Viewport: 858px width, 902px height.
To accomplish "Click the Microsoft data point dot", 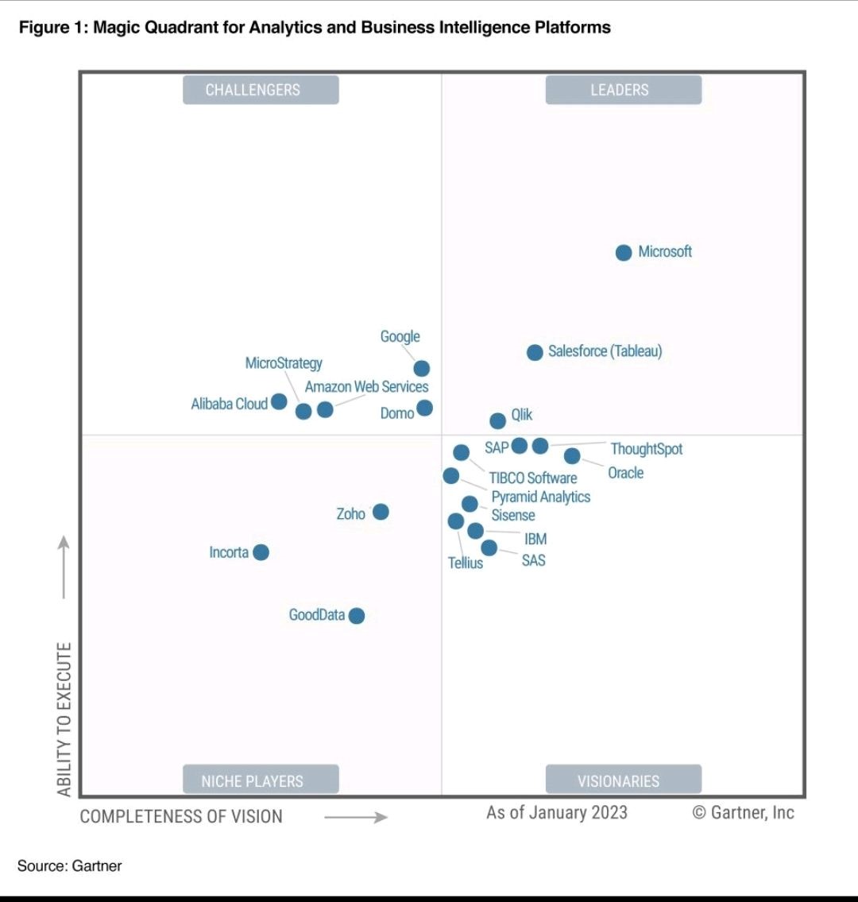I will coord(624,253).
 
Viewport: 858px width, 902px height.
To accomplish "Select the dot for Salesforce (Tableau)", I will coord(535,352).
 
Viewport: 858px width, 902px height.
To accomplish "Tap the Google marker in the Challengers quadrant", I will coord(422,368).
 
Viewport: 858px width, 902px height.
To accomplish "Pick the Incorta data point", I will coord(261,552).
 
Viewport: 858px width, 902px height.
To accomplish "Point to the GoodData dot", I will coord(357,616).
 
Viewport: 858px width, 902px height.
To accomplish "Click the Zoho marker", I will coord(381,512).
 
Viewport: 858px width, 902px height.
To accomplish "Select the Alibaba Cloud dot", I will coord(279,401).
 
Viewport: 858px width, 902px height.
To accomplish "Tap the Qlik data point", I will coord(497,420).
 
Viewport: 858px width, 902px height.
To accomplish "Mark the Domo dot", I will coord(425,408).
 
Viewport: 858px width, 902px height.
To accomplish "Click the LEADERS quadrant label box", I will coord(623,90).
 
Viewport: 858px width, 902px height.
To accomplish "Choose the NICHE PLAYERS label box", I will coord(261,780).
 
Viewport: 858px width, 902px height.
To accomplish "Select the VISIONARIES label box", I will coord(623,780).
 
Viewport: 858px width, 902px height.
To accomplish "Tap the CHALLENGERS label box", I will coord(261,90).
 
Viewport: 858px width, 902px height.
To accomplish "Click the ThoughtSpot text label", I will coord(646,449).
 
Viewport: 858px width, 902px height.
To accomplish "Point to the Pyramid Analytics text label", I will coord(540,497).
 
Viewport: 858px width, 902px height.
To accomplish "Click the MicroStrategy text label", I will coord(284,363).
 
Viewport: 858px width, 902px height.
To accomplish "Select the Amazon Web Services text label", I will coord(366,387).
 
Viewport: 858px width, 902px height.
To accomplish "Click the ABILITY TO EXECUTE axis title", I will coord(64,718).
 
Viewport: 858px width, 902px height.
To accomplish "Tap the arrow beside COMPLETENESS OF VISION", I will coord(356,817).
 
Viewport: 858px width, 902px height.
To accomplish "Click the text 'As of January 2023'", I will coord(556,812).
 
